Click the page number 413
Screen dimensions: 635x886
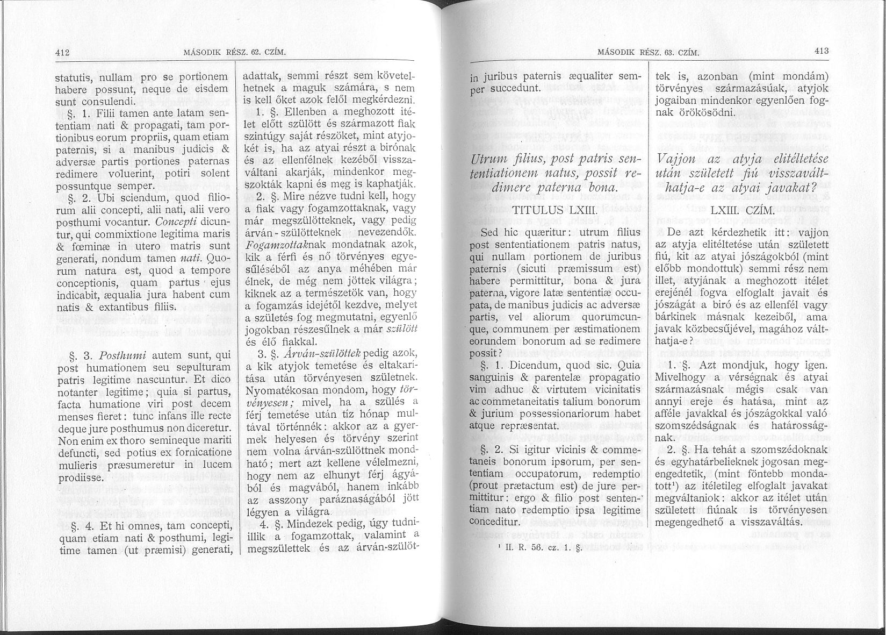pos(822,52)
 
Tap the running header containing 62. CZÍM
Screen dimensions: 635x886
pos(234,53)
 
